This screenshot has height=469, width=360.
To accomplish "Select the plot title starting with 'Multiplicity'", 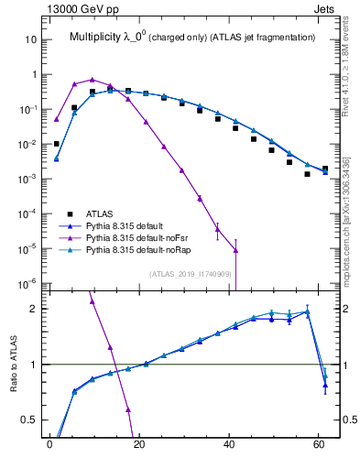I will (x=191, y=37).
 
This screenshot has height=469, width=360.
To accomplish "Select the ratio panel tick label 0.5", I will (x=31, y=420).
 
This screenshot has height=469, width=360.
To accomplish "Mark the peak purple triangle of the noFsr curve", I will (x=92, y=80).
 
